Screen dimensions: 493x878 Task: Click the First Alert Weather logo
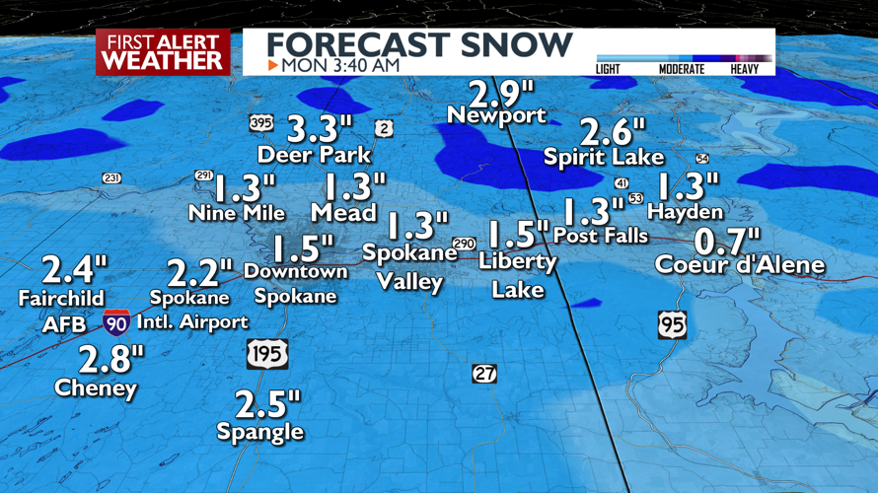pos(163,52)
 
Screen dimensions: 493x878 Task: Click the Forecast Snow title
pos(419,44)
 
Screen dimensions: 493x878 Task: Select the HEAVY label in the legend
pos(745,69)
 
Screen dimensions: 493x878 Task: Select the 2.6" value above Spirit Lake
pos(612,131)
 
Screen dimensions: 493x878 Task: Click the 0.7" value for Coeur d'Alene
pos(728,240)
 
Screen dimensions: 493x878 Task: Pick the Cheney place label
pos(96,388)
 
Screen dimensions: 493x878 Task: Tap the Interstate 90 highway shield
pos(115,321)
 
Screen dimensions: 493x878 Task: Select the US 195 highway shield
pos(266,354)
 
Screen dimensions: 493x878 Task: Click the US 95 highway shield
pos(672,324)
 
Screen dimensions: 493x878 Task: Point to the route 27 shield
pos(484,374)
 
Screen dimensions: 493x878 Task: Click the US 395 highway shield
pos(260,122)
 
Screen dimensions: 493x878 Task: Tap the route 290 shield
pos(464,244)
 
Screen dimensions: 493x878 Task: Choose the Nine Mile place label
pos(237,213)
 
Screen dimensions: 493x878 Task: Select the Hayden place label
pos(686,212)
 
